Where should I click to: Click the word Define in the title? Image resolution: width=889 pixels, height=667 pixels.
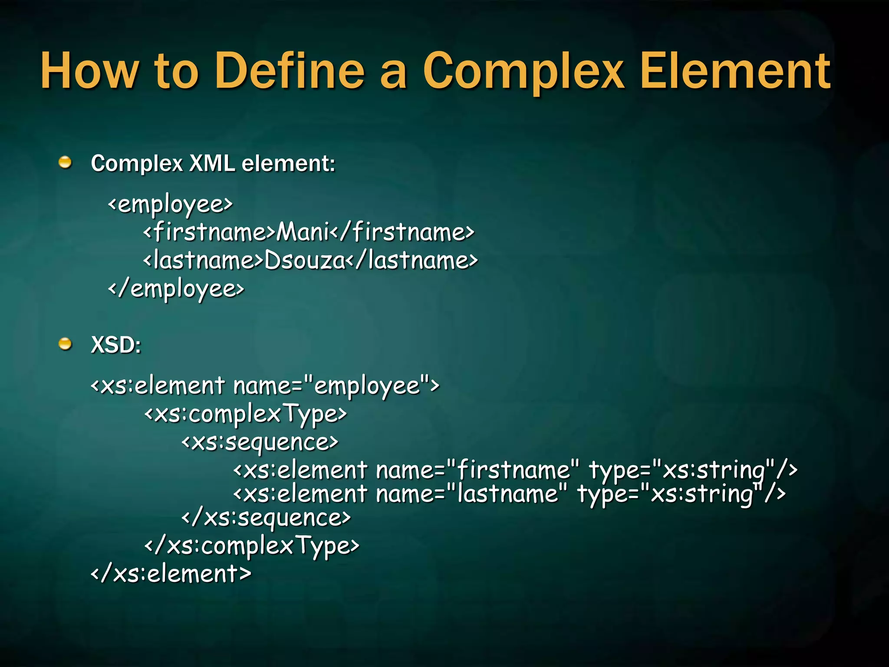pos(290,70)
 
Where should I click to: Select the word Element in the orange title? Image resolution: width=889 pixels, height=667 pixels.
pos(735,70)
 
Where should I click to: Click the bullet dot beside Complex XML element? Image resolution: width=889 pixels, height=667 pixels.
pos(65,163)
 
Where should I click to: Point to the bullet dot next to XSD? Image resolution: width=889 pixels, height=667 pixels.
pos(65,344)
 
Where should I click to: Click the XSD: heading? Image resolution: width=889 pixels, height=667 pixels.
pos(116,345)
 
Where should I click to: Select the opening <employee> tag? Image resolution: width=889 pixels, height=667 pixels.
pos(170,205)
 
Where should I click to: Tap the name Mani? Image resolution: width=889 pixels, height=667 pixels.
pos(303,232)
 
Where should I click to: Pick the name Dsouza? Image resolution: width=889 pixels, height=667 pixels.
pos(304,261)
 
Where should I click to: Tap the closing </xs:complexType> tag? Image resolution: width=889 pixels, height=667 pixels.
pos(252,546)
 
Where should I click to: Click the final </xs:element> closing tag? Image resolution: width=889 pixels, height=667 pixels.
pos(171,574)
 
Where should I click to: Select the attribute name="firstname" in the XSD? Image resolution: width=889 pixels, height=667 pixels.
pos(477,470)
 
